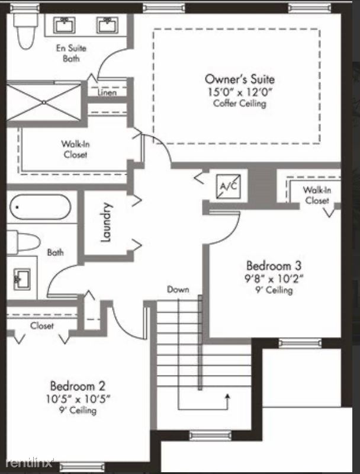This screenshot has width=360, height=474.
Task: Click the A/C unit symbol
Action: (229, 186)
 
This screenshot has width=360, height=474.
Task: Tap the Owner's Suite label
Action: (240, 79)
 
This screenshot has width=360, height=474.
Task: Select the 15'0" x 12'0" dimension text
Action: (240, 92)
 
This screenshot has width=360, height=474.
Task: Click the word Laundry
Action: (106, 222)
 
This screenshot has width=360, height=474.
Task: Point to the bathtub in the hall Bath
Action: (40, 207)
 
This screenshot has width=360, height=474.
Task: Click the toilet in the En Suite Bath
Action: (26, 31)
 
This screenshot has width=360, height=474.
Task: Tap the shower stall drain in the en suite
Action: (44, 103)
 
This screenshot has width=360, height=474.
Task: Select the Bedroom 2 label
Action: (78, 386)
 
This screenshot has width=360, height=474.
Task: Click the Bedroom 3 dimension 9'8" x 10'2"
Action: (274, 278)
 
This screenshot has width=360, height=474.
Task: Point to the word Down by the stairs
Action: (178, 290)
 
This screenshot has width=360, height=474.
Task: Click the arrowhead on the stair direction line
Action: (227, 396)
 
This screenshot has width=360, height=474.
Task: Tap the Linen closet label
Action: (107, 92)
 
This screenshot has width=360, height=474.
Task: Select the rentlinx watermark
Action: (29, 463)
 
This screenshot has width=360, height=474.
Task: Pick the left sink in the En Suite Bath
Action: (65, 25)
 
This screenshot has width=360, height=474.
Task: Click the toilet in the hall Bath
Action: (24, 242)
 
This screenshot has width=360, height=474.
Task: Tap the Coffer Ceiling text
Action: (240, 103)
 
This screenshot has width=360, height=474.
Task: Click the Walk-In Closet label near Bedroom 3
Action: (317, 196)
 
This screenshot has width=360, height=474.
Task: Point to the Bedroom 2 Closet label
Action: (41, 325)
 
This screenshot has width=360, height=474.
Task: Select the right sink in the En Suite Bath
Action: (108, 25)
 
